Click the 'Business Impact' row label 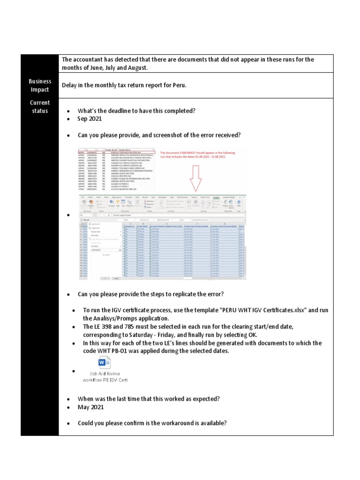(x=40, y=85)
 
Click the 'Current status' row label (x=40, y=106)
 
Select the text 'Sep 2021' (x=90, y=119)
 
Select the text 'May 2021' (x=90, y=407)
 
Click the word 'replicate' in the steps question (x=179, y=294)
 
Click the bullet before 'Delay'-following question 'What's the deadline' (x=68, y=111)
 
